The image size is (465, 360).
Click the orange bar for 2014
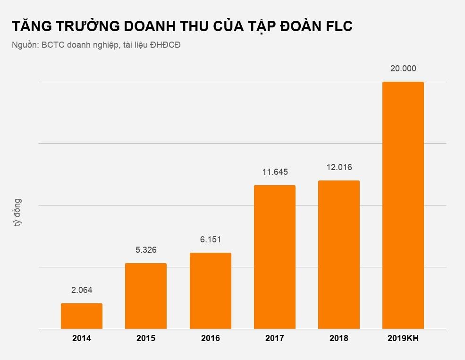point(82,316)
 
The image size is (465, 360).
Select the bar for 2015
point(146,296)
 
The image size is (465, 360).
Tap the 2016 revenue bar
point(211,291)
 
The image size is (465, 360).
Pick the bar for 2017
point(275,257)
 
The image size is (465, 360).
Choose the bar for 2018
point(339,255)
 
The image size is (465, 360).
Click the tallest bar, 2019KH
point(403,206)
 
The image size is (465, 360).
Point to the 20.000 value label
point(403,69)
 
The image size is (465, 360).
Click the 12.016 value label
point(339,167)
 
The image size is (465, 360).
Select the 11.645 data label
point(275,172)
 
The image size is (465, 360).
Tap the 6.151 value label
point(211,240)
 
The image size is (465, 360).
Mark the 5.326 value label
point(146,249)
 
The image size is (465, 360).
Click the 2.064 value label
point(82,290)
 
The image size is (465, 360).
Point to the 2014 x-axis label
point(82,339)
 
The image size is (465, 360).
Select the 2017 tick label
point(275,339)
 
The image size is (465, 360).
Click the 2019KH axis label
point(403,339)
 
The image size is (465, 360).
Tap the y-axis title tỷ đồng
point(17,213)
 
